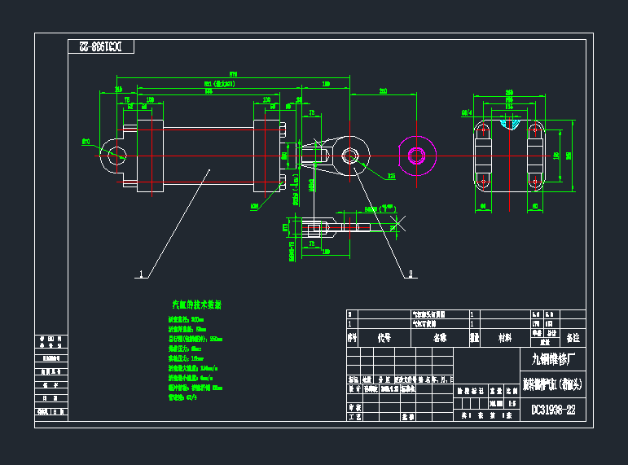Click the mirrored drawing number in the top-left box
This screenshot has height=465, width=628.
coord(100,47)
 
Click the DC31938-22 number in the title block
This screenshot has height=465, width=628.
coord(553,410)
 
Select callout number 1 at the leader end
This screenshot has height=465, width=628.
coord(142,274)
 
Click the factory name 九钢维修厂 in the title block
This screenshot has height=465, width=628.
coord(553,358)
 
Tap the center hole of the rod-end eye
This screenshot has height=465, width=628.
coord(350,155)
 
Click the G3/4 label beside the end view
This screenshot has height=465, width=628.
coord(467,113)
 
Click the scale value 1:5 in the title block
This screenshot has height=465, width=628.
coord(512,401)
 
